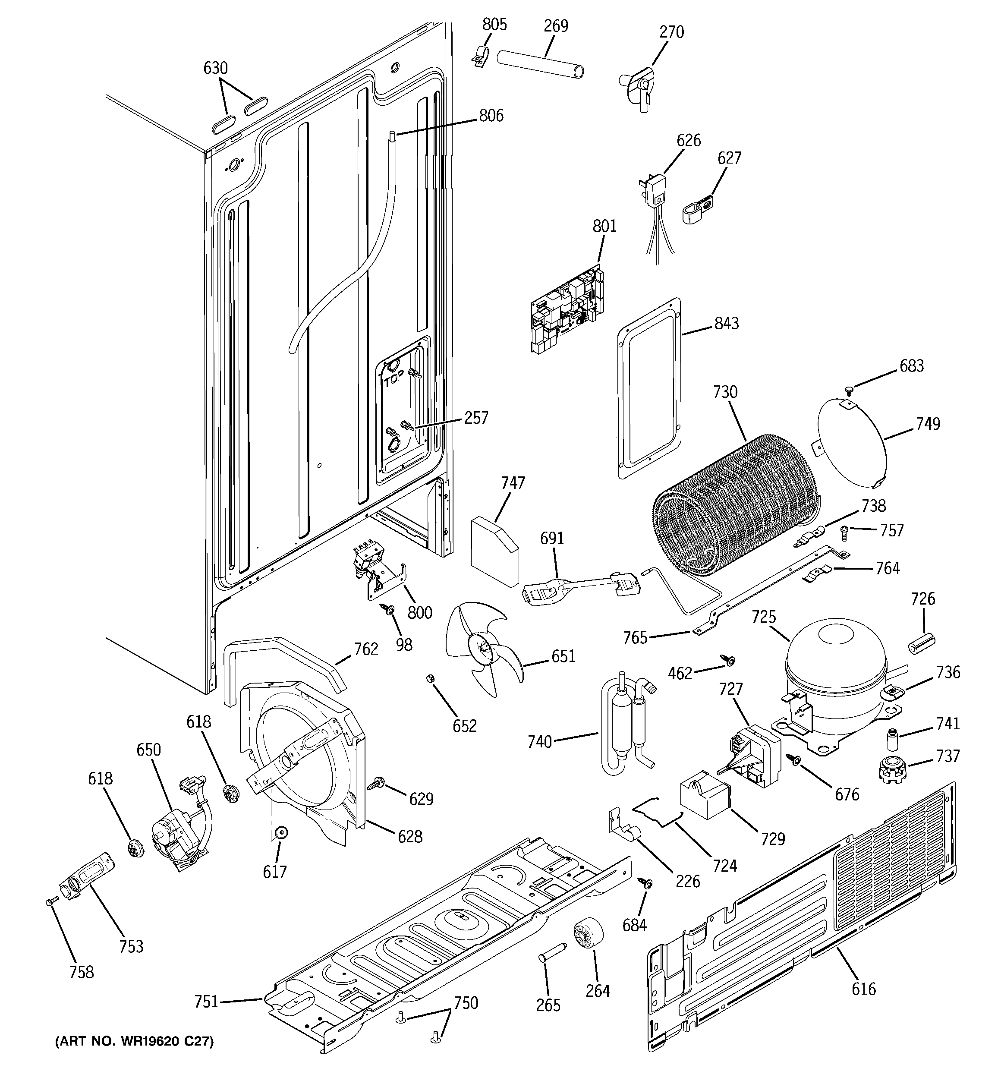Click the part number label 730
pyautogui.click(x=725, y=392)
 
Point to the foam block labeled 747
pyautogui.click(x=494, y=550)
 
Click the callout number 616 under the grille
pyautogui.click(x=863, y=989)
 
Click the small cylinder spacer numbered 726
pyautogui.click(x=922, y=643)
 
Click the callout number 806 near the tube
pyautogui.click(x=491, y=116)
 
